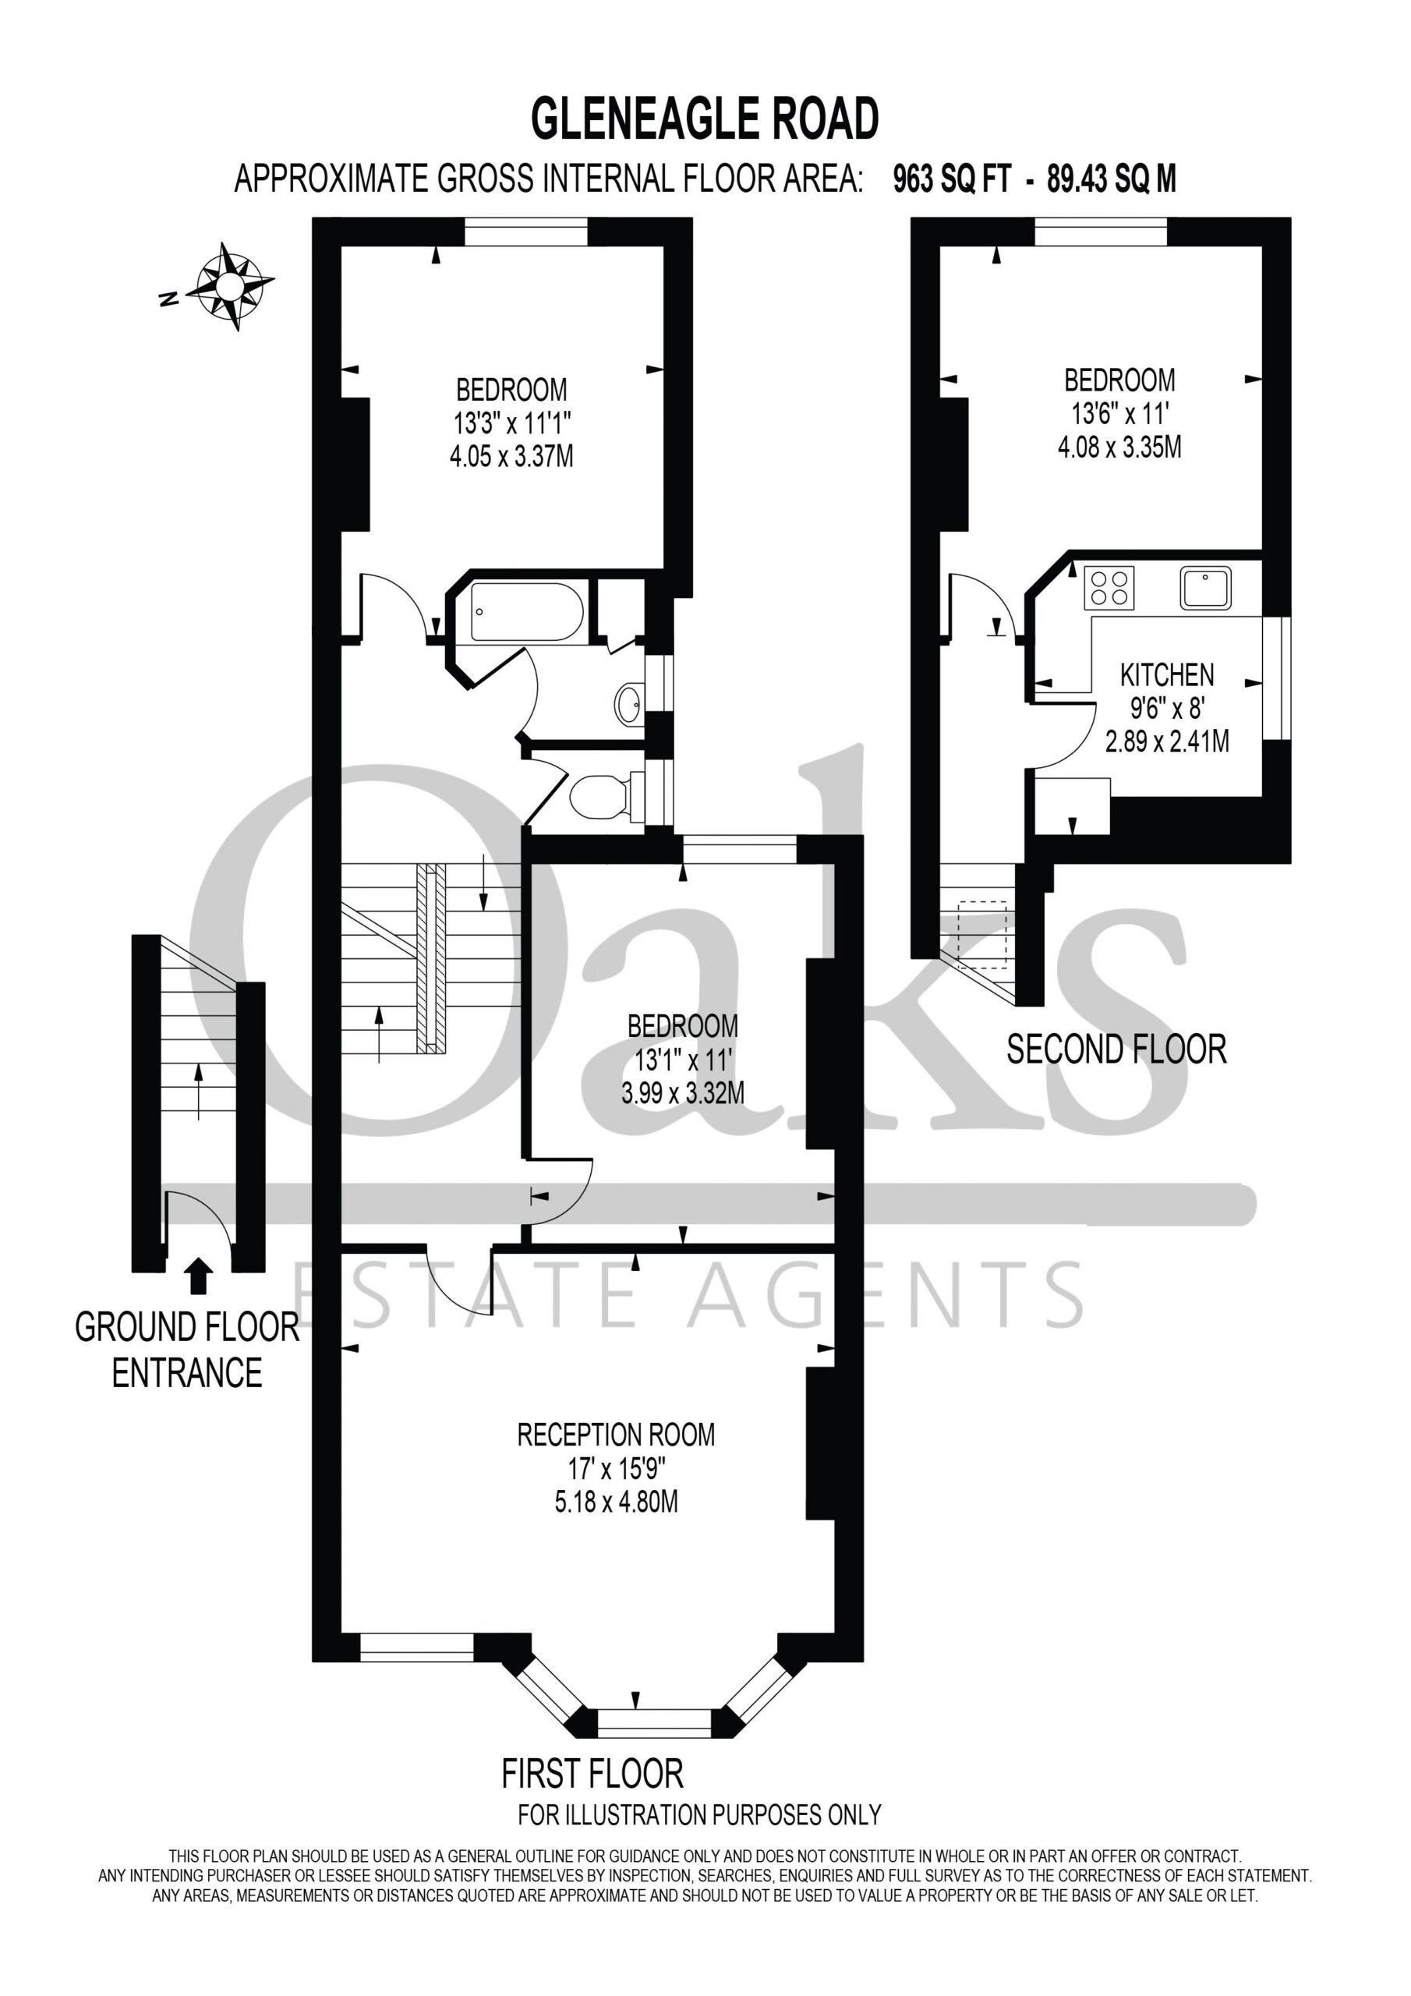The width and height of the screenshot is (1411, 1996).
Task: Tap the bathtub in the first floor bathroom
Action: click(527, 612)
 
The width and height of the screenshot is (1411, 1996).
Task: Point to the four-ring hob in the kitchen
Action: click(1109, 588)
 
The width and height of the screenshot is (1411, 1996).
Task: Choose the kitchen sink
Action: click(1206, 588)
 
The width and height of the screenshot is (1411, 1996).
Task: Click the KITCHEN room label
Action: click(1167, 674)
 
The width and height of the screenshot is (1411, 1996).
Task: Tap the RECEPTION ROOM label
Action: click(616, 1435)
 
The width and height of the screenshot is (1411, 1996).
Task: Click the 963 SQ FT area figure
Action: click(952, 179)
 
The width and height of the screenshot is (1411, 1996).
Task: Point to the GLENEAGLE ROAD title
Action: click(705, 119)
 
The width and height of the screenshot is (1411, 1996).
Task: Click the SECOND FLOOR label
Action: click(1116, 1049)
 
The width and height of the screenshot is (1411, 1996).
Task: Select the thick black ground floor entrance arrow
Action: click(200, 1276)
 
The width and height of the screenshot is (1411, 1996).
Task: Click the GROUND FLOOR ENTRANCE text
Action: click(187, 1350)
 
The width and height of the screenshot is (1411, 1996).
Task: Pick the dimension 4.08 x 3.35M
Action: click(1119, 447)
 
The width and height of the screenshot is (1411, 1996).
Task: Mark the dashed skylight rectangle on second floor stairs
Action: click(982, 935)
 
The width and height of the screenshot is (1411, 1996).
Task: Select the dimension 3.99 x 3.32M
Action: click(682, 1093)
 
